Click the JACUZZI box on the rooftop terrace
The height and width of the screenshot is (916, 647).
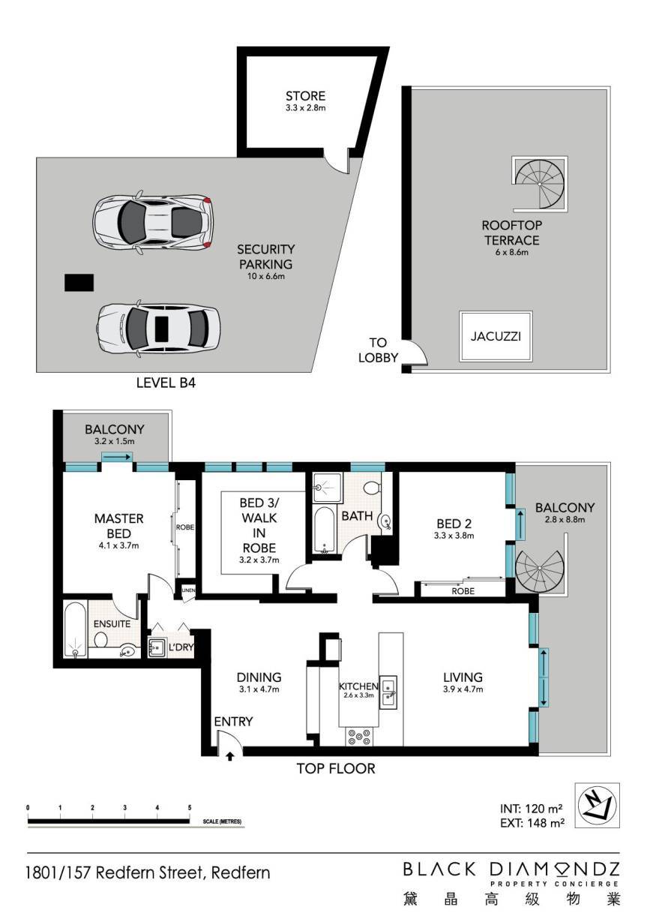(496, 336)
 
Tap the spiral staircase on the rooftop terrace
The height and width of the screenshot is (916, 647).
(540, 184)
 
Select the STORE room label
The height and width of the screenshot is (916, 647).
(305, 96)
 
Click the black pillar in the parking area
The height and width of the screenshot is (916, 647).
(79, 283)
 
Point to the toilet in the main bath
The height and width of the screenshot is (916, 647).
(372, 488)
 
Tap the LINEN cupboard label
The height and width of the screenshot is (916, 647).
(188, 590)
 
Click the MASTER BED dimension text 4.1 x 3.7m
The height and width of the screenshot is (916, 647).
(118, 545)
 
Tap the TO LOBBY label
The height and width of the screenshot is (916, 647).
(378, 350)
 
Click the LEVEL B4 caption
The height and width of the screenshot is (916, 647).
(166, 383)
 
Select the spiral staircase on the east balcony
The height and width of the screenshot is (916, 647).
(540, 569)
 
